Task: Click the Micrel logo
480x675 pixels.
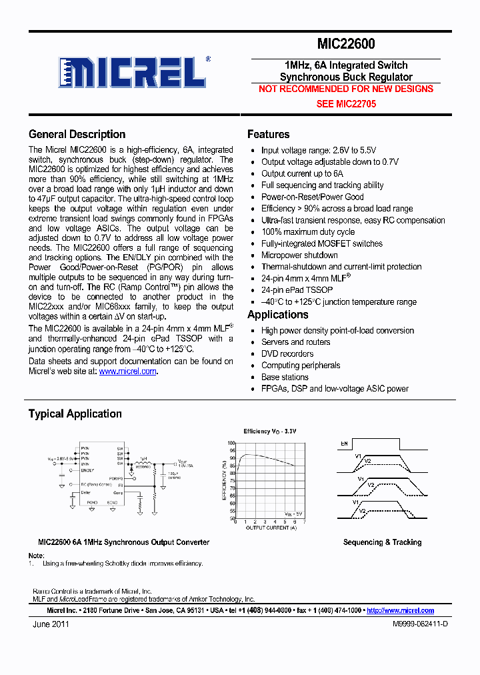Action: pos(133,73)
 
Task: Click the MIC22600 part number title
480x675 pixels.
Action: pos(345,45)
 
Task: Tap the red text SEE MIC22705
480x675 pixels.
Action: pos(345,104)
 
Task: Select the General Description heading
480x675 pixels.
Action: pos(77,134)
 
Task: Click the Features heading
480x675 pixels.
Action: pos(268,134)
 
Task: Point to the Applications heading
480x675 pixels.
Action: pos(277,315)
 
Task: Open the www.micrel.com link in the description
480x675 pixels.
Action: pos(128,372)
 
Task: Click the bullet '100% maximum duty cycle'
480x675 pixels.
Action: pos(307,232)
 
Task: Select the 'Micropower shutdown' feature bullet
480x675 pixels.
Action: pos(299,255)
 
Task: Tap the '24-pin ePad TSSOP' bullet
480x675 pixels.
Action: pos(297,290)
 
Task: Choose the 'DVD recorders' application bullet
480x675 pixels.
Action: pos(287,354)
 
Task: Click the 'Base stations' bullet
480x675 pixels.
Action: pos(285,377)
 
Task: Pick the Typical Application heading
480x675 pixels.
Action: pos(75,414)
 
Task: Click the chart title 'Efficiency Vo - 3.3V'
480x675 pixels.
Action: pos(269,432)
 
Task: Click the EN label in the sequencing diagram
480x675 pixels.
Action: pos(345,442)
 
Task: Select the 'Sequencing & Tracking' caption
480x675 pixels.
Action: pos(382,542)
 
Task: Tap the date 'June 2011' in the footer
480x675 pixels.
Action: pos(51,624)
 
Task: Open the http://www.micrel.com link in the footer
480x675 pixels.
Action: pos(400,610)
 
